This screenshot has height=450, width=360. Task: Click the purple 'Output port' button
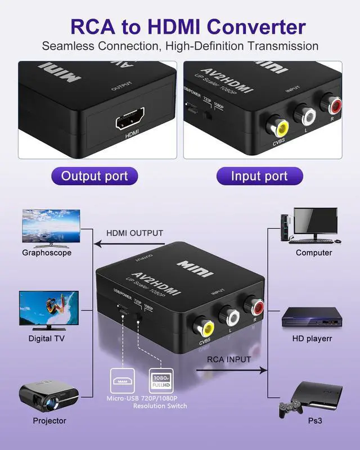click(94, 176)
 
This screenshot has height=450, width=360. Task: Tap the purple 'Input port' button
click(259, 176)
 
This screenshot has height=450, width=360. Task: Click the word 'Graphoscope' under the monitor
click(47, 253)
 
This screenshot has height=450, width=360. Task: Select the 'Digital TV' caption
click(47, 339)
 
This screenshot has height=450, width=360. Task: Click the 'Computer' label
click(314, 253)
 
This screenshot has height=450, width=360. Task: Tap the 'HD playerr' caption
click(312, 339)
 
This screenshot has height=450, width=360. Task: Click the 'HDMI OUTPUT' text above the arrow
click(135, 233)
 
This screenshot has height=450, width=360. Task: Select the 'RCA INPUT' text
click(228, 359)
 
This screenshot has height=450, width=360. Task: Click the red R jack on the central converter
click(256, 307)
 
